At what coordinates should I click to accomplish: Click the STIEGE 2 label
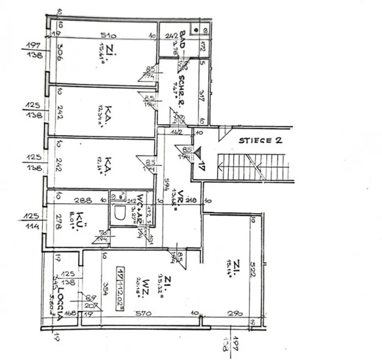point(260,141)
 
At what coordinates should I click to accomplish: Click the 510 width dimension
point(108,36)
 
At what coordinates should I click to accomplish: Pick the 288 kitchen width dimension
point(83,200)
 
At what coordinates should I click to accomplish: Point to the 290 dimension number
point(235,313)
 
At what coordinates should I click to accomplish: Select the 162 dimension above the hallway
point(177,132)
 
